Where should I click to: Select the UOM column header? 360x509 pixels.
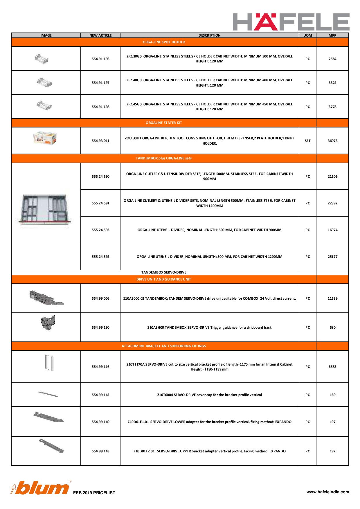pos(307,35)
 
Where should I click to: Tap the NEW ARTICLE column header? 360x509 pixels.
pos(100,35)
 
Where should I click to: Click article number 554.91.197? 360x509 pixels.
pos(100,83)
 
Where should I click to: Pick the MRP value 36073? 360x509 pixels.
pos(332,141)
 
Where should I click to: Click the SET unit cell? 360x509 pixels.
pos(307,141)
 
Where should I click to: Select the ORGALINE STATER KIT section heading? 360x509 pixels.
pos(164,123)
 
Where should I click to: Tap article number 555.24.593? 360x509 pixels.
pos(100,230)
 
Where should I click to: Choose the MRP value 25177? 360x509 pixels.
pos(332,257)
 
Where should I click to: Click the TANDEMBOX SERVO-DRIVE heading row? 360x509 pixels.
pos(164,272)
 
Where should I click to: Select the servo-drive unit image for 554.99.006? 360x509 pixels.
pos(46,298)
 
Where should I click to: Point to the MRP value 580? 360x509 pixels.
pos(332,328)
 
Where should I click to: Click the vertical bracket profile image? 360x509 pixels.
pos(49,363)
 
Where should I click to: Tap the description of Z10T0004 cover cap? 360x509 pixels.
pos(209,395)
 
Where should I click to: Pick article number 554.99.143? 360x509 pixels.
pos(100,451)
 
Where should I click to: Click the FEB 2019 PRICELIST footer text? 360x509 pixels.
pos(94,493)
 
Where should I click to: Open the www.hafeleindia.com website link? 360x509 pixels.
pos(328,492)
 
